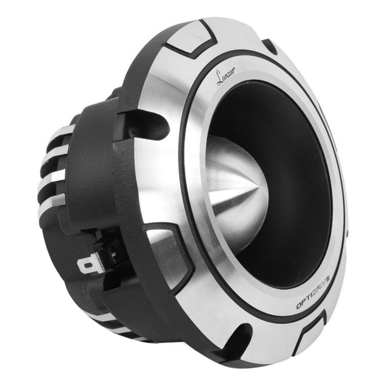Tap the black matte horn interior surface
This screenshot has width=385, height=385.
tap(289, 144)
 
